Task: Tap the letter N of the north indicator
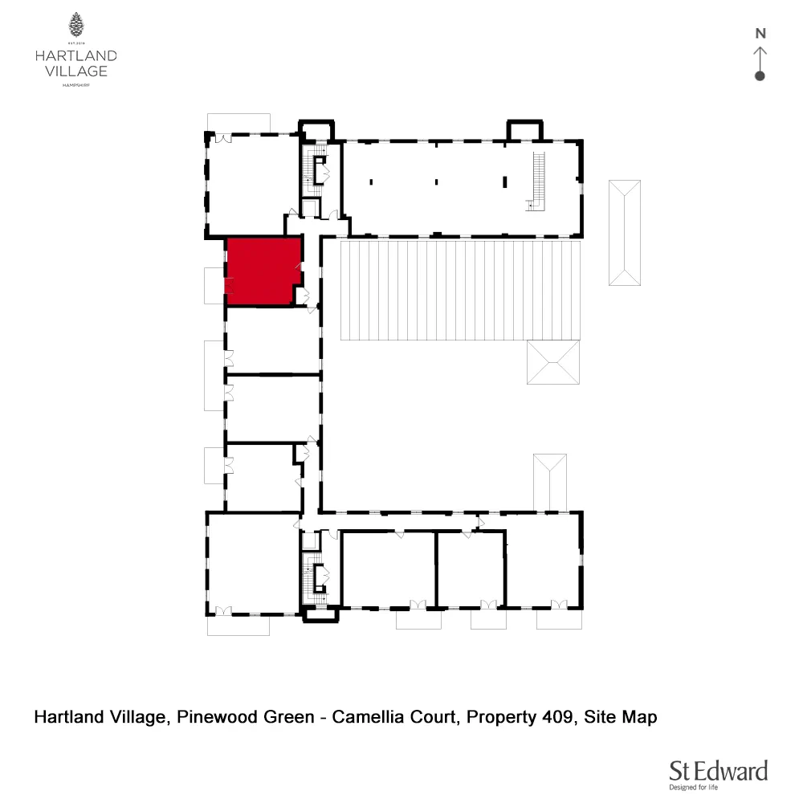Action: click(x=760, y=34)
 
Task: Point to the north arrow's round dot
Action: click(x=760, y=76)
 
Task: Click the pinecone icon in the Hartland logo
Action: click(x=76, y=25)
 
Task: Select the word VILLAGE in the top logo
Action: click(x=76, y=71)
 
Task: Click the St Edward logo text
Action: click(x=719, y=771)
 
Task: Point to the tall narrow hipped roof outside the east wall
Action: click(x=625, y=233)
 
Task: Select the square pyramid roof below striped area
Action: click(x=552, y=362)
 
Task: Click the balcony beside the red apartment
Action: click(x=214, y=285)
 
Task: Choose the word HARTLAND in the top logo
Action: click(x=76, y=55)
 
